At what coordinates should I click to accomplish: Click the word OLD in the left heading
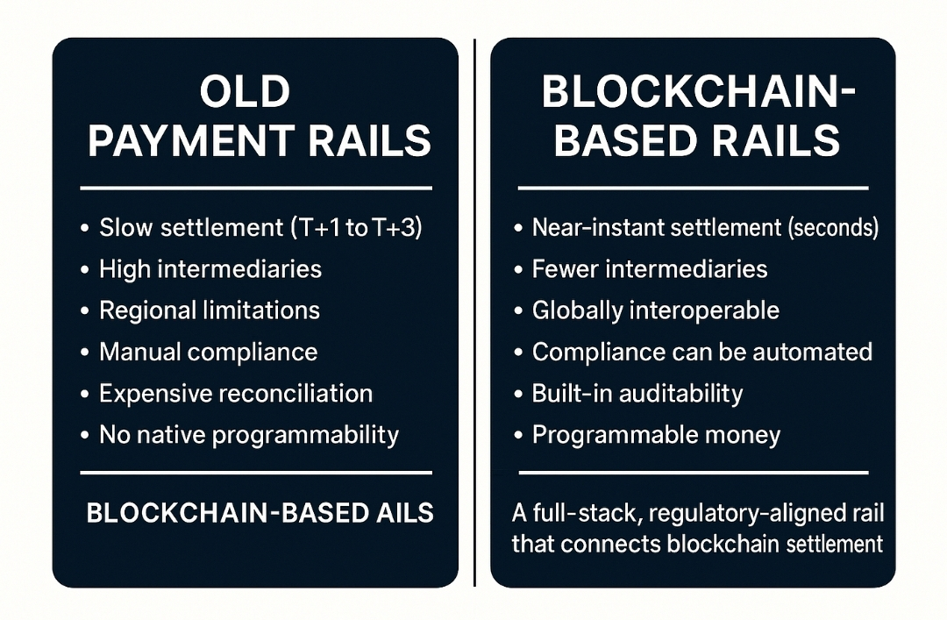245,92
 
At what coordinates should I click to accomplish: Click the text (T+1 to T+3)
356,228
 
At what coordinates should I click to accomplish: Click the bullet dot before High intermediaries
84,270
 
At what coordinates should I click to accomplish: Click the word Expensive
155,394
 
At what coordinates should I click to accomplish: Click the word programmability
306,436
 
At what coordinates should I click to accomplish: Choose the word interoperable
704,310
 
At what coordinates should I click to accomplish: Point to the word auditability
681,394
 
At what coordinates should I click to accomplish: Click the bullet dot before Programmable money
517,436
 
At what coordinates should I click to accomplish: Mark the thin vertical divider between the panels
474,312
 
